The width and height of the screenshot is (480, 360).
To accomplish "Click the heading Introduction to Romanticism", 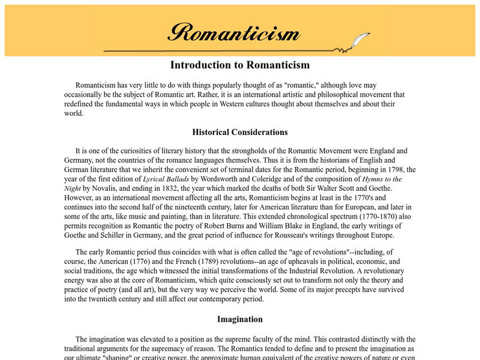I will click(x=239, y=65).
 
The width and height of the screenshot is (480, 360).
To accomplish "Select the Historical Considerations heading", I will click(x=239, y=132).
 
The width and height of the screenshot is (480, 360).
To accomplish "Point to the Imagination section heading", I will click(x=239, y=319).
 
